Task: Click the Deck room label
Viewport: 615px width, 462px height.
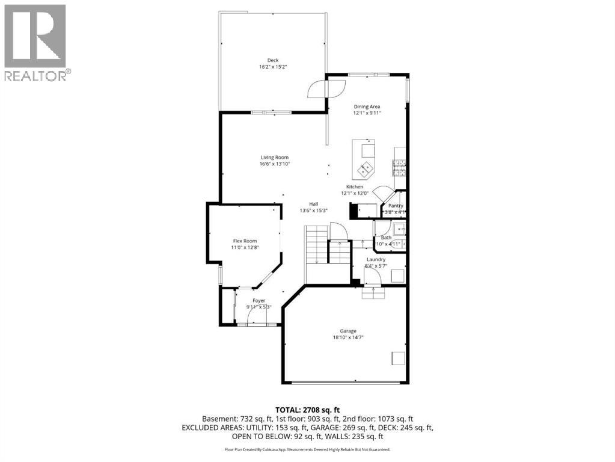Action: tap(273, 60)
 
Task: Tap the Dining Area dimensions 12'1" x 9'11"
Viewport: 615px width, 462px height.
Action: tap(367, 113)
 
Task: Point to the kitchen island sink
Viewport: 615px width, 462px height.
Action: tap(365, 169)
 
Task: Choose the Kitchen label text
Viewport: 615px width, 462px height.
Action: tap(354, 187)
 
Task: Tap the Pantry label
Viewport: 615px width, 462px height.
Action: tap(396, 206)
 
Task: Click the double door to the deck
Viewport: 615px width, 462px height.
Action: tap(325, 90)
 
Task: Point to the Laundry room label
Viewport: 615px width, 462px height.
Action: tap(376, 259)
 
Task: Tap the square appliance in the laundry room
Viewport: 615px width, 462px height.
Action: tap(397, 276)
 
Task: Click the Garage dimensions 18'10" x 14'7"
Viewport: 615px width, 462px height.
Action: tap(348, 337)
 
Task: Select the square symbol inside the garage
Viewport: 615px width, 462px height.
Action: tap(398, 358)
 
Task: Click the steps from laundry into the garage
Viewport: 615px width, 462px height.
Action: tap(372, 292)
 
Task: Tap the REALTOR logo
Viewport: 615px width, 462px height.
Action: tap(35, 43)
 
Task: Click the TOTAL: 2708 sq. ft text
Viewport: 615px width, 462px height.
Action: tap(307, 408)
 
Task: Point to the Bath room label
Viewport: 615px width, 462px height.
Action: tap(386, 238)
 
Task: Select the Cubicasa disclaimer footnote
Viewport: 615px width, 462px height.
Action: tap(307, 449)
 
